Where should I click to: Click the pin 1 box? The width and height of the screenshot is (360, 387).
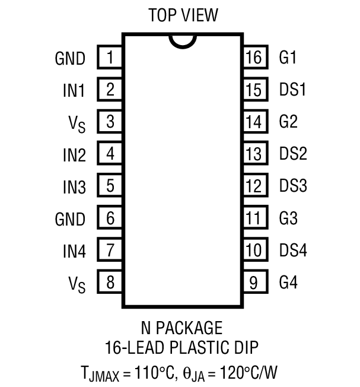[110, 58]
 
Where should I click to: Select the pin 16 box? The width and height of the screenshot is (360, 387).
[253, 58]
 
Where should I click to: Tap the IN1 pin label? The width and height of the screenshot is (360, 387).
[74, 91]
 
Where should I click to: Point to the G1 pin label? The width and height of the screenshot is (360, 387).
[288, 58]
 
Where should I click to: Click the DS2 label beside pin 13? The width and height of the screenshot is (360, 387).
[293, 154]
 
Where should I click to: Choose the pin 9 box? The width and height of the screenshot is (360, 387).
[253, 282]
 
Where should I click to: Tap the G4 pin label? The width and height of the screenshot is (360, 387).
[288, 282]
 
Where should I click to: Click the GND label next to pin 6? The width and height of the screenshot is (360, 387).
[70, 219]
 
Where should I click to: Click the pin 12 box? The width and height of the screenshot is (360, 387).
[253, 186]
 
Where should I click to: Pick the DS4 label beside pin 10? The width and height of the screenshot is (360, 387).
[293, 250]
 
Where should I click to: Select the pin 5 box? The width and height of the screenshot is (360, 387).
[110, 186]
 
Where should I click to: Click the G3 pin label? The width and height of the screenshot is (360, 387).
[288, 218]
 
